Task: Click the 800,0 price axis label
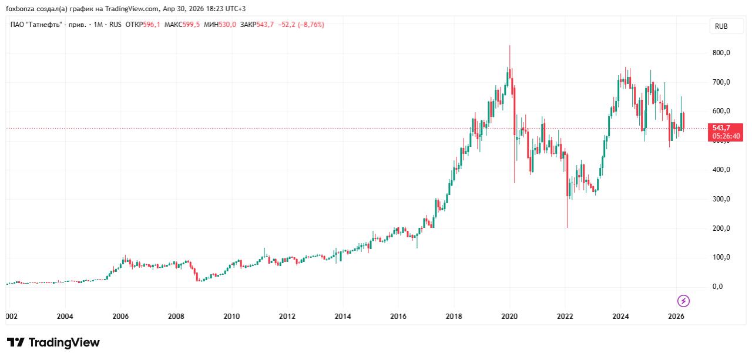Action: pos(721,53)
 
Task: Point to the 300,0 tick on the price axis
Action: pos(721,199)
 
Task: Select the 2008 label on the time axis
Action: pos(176,317)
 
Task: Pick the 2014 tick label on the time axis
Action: pos(343,317)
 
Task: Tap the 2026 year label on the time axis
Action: pos(676,317)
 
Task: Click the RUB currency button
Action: pos(721,26)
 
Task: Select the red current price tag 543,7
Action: pos(726,128)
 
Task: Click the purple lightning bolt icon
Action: pos(684,301)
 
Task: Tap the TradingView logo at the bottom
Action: pos(53,342)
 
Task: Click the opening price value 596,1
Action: pos(152,25)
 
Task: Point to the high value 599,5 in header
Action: pos(190,25)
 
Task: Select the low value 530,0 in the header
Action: pos(228,25)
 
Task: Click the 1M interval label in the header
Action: pos(99,25)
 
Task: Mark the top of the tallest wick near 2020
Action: pos(509,45)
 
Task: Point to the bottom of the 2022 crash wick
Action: pos(567,227)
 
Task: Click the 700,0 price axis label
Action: pos(721,82)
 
